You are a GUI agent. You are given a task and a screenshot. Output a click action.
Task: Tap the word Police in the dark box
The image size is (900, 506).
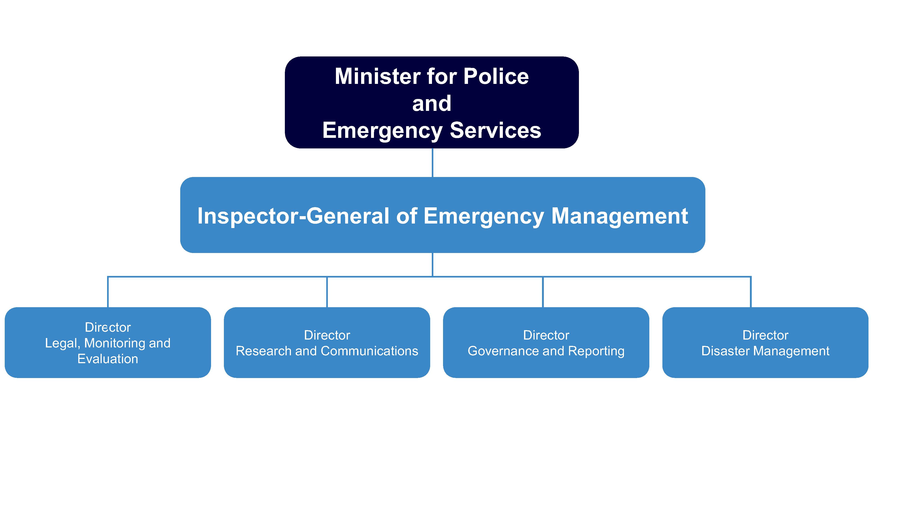(496, 76)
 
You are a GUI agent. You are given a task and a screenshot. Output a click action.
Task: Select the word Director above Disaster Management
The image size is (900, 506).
(765, 335)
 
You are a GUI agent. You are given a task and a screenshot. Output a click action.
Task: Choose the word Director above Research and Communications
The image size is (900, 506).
(327, 335)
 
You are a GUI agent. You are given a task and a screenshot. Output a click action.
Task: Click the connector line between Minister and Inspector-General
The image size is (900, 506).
(432, 163)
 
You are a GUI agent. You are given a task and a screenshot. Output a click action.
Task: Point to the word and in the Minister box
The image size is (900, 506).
(432, 103)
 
